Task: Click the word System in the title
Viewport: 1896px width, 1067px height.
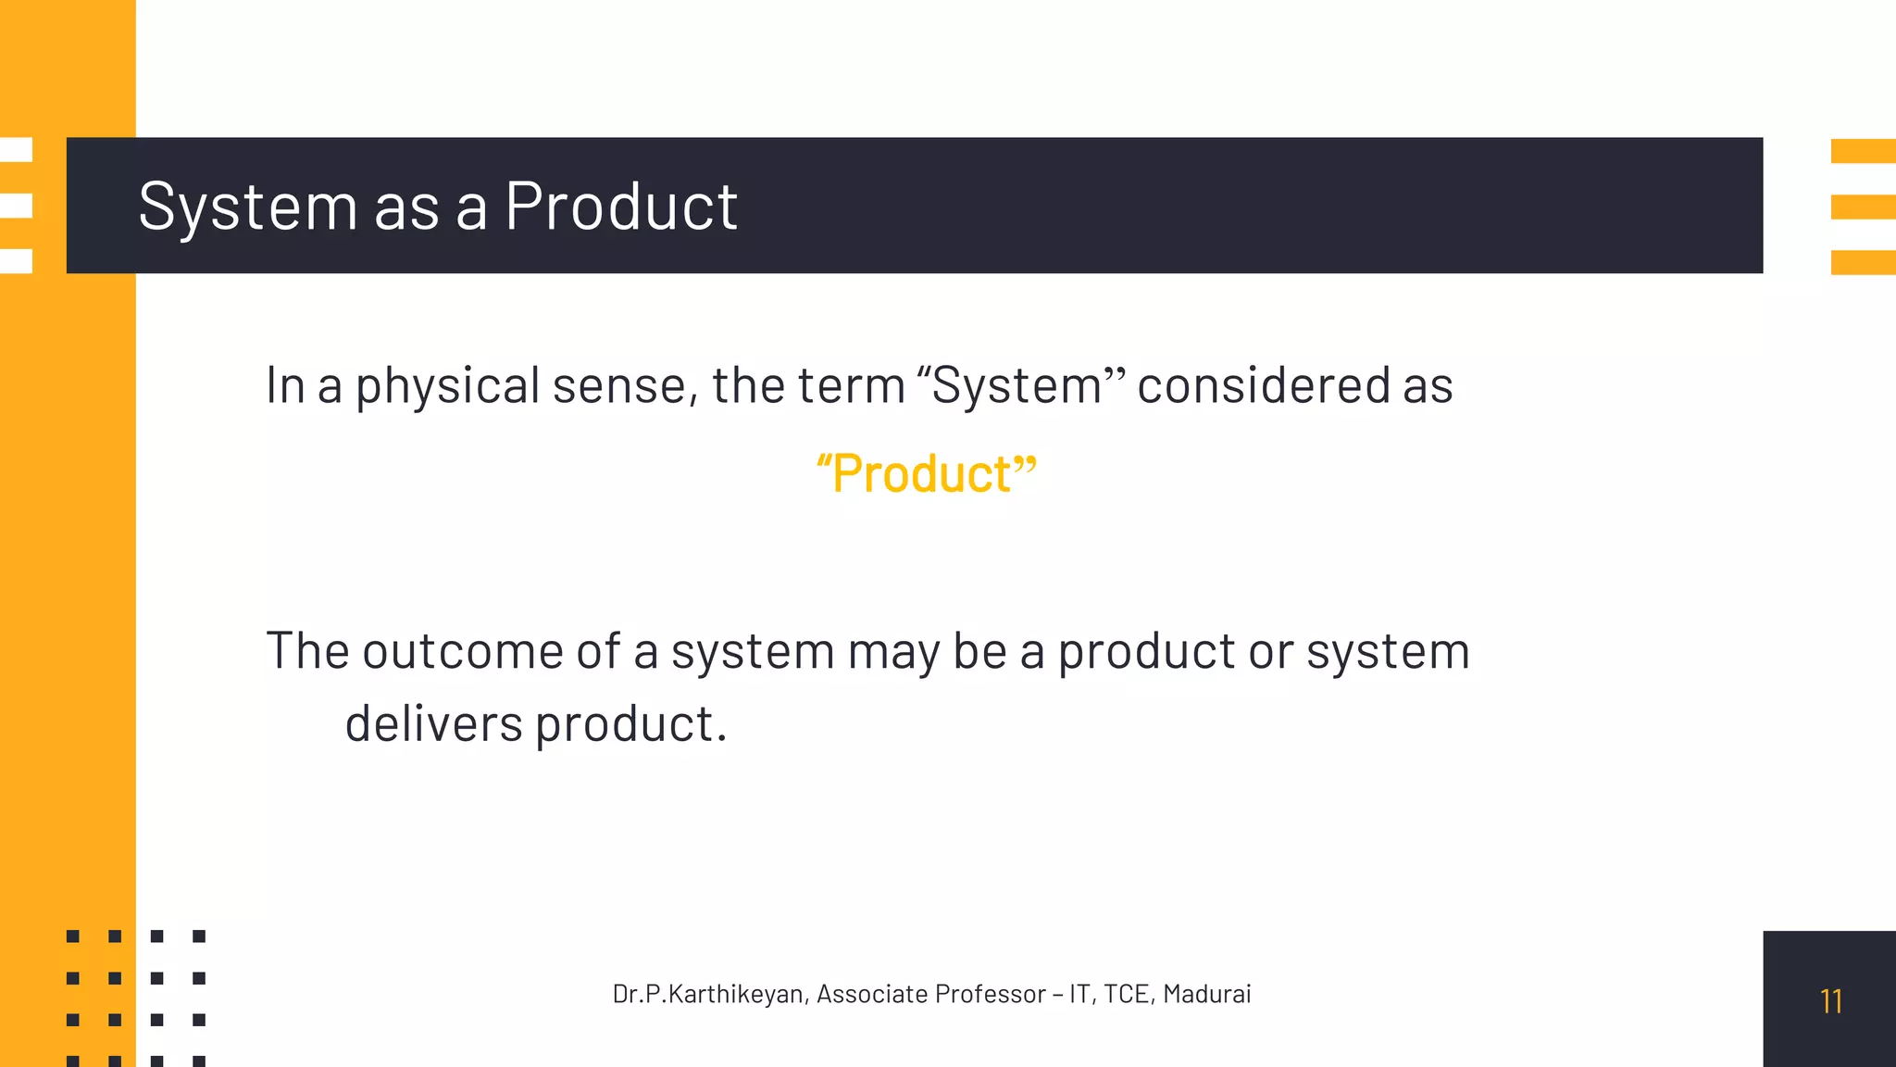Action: [247, 207]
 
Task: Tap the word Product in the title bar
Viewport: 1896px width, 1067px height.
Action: [620, 207]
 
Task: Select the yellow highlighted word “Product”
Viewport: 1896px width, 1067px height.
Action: [926, 474]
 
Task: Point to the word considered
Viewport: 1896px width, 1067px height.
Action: [1263, 385]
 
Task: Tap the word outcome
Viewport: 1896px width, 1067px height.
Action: [462, 651]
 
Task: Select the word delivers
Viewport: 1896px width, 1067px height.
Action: [433, 723]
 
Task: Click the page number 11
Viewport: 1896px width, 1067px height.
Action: [1830, 1001]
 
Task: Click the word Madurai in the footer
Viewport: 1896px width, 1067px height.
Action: [1206, 994]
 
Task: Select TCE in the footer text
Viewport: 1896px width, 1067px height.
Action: [1126, 994]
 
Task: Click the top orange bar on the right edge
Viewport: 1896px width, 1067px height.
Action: [1863, 151]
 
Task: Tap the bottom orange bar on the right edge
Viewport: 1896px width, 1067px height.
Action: [1863, 262]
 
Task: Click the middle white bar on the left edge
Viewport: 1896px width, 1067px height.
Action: [16, 206]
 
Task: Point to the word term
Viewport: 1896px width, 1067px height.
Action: [851, 386]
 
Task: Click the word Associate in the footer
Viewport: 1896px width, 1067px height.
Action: [871, 994]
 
